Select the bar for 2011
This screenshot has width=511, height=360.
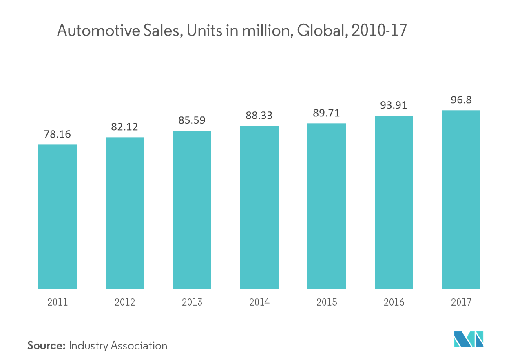click(x=58, y=216)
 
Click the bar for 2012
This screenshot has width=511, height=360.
click(x=125, y=213)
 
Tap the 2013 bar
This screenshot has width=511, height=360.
click(x=192, y=209)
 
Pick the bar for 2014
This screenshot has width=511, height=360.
click(x=259, y=207)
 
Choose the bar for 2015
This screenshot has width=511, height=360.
click(x=327, y=206)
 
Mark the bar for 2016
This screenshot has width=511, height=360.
click(x=394, y=202)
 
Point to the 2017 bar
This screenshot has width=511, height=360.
click(x=461, y=199)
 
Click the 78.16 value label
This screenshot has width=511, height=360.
click(x=58, y=134)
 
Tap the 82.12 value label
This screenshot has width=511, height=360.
click(x=125, y=127)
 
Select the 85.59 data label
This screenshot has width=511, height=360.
click(x=192, y=121)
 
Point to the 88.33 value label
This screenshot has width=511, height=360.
click(x=259, y=116)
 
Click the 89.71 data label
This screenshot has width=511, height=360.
click(x=327, y=113)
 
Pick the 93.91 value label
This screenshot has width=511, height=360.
click(x=394, y=105)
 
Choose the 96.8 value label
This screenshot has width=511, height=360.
click(x=461, y=100)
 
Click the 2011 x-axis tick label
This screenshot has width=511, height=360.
click(x=58, y=302)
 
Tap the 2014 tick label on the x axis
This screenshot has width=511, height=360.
click(x=259, y=302)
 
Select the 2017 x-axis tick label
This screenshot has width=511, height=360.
click(x=461, y=302)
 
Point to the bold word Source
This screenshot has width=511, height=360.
click(x=46, y=346)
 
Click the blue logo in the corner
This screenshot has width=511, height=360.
click(x=469, y=339)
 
